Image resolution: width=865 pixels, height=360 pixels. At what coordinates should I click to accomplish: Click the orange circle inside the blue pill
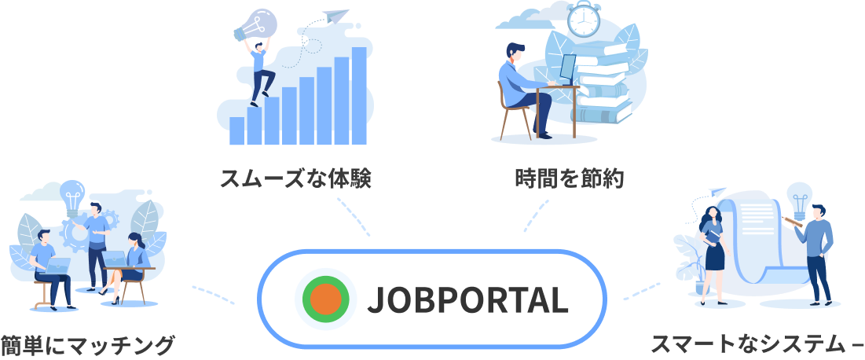pos(325,299)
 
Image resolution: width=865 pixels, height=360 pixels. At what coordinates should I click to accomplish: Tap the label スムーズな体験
pos(295,178)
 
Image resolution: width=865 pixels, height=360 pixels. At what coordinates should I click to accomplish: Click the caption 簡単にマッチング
pos(86,345)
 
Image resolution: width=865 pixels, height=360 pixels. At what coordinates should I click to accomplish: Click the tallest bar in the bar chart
pos(358,96)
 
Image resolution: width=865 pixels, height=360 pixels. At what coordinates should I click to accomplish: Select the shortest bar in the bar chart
pos(236,130)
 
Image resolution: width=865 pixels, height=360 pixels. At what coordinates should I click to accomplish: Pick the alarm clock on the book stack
pos(584,20)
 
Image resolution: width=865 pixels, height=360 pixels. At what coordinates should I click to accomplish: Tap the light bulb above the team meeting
pos(73,193)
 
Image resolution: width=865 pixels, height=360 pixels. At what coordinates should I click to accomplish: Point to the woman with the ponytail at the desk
pos(136,252)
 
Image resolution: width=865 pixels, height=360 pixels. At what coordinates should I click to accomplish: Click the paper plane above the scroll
pos(717,192)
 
